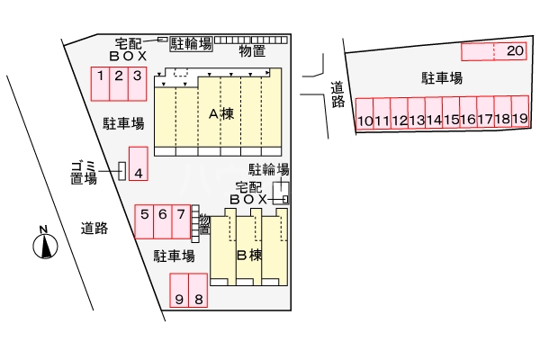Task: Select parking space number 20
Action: pos(515,51)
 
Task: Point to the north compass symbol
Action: pos(42,245)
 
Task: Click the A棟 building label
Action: pos(221,113)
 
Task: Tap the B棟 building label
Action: pos(248,255)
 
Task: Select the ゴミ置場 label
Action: pos(84,171)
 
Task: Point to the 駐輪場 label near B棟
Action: pos(268,169)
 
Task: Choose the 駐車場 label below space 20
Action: pos(442,78)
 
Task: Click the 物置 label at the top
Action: pos(252,51)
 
